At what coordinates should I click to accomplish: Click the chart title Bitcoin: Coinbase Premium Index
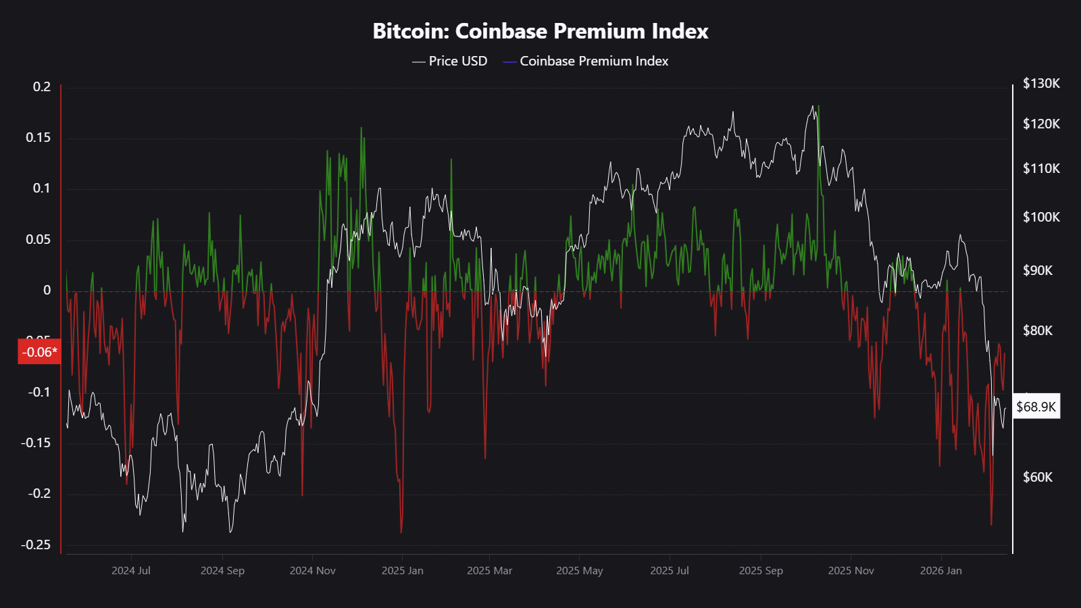pyautogui.click(x=540, y=31)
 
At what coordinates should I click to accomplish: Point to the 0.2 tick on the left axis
pyautogui.click(x=42, y=87)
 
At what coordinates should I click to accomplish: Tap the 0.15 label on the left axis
pyautogui.click(x=38, y=138)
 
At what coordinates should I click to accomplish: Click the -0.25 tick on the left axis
pyautogui.click(x=36, y=545)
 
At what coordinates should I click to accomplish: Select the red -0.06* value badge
pyautogui.click(x=39, y=352)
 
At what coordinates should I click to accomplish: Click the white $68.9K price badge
pyautogui.click(x=1036, y=407)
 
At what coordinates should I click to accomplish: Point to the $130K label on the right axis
pyautogui.click(x=1041, y=84)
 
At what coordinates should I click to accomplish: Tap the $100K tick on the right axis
pyautogui.click(x=1041, y=218)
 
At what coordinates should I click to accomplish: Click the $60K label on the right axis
pyautogui.click(x=1038, y=478)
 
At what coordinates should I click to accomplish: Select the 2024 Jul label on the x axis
pyautogui.click(x=131, y=571)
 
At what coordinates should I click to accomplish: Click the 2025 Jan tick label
pyautogui.click(x=403, y=571)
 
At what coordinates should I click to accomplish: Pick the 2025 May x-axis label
pyautogui.click(x=580, y=571)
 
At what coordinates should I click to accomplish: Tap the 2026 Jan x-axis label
pyautogui.click(x=941, y=571)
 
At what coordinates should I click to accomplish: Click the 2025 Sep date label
pyautogui.click(x=761, y=571)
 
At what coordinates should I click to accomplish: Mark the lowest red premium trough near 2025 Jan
pyautogui.click(x=401, y=532)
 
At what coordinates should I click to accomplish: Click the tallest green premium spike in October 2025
pyautogui.click(x=819, y=107)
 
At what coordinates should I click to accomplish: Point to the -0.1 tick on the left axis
pyautogui.click(x=39, y=392)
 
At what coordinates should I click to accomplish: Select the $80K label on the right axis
pyautogui.click(x=1038, y=331)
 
